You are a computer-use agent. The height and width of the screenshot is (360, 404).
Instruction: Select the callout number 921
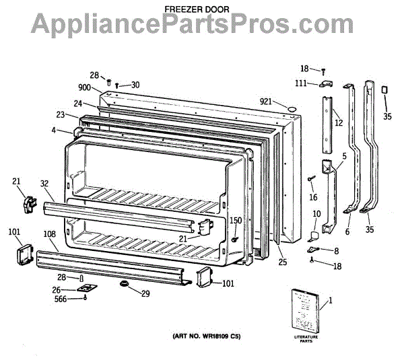pyautogui.click(x=267, y=102)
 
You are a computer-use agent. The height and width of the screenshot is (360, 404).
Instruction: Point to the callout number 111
pyautogui.click(x=301, y=83)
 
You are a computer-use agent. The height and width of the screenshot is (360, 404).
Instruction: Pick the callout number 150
pyautogui.click(x=236, y=221)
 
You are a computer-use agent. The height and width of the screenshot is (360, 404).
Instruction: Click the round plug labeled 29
pyautogui.click(x=125, y=287)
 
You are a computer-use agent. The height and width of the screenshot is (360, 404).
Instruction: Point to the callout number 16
pyautogui.click(x=313, y=198)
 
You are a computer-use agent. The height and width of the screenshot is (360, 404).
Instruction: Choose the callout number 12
pyautogui.click(x=339, y=123)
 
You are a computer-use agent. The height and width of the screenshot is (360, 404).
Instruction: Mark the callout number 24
pyautogui.click(x=79, y=104)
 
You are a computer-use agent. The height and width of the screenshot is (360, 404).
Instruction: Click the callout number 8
pyautogui.click(x=337, y=250)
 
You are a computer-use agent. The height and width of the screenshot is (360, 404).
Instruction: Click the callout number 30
pyautogui.click(x=135, y=85)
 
